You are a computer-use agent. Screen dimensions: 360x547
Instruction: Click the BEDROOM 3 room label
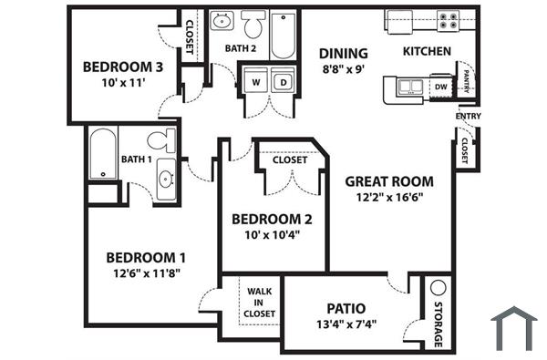[x=123, y=67]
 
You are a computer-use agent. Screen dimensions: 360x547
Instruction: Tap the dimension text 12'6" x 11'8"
[x=146, y=273]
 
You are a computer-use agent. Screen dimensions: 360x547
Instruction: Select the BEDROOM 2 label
[x=272, y=219]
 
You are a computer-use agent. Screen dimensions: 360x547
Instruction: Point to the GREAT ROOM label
[x=389, y=181]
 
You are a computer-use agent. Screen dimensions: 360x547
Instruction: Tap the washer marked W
[x=255, y=82]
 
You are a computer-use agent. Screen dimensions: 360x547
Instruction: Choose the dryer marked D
[x=283, y=82]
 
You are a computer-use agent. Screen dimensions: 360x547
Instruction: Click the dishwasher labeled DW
[x=440, y=87]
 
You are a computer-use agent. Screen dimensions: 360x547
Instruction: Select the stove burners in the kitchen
[x=447, y=20]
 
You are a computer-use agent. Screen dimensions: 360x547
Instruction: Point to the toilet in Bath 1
[x=164, y=140]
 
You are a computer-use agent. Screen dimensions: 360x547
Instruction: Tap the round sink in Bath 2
[x=222, y=22]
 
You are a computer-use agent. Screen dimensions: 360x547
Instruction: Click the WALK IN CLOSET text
[x=259, y=303]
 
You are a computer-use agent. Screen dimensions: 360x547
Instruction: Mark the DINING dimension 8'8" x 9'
[x=343, y=68]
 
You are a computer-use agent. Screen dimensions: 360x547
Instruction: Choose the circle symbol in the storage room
[x=437, y=286]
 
